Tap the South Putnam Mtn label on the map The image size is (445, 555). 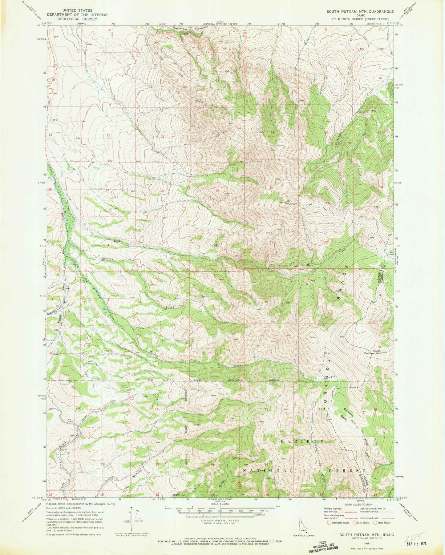tap(372, 352)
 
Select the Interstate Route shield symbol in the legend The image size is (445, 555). tap(329, 523)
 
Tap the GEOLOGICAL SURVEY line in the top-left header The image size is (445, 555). tap(71, 19)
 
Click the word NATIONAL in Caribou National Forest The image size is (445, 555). tap(266, 471)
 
